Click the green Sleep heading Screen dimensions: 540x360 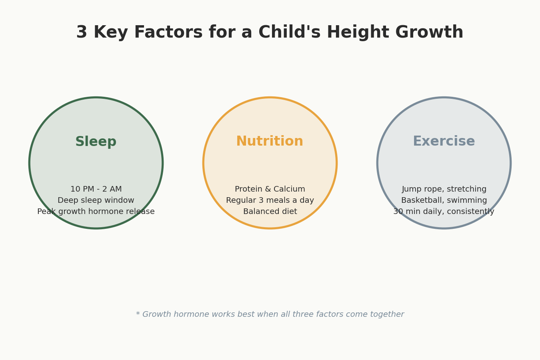pyautogui.click(x=96, y=142)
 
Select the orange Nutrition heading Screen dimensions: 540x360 pyautogui.click(x=270, y=141)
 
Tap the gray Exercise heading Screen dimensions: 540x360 pyautogui.click(x=444, y=141)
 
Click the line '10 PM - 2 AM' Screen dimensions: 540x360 pyautogui.click(x=96, y=189)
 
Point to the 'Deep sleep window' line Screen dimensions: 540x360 pyautogui.click(x=96, y=200)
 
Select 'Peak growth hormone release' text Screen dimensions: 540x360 pyautogui.click(x=96, y=212)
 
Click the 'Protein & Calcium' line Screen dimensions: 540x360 pyautogui.click(x=270, y=189)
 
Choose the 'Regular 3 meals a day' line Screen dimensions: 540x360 pyautogui.click(x=270, y=200)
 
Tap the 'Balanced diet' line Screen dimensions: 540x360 pyautogui.click(x=270, y=212)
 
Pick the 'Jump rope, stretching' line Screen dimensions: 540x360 pyautogui.click(x=444, y=189)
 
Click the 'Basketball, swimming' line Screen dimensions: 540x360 pyautogui.click(x=444, y=200)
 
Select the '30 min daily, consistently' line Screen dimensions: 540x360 pyautogui.click(x=444, y=212)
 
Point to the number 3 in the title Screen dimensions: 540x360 pyautogui.click(x=82, y=32)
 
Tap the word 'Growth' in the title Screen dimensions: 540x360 pyautogui.click(x=429, y=32)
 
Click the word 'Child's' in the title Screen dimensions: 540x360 pyautogui.click(x=290, y=32)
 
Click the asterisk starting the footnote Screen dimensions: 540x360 pyautogui.click(x=138, y=314)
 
